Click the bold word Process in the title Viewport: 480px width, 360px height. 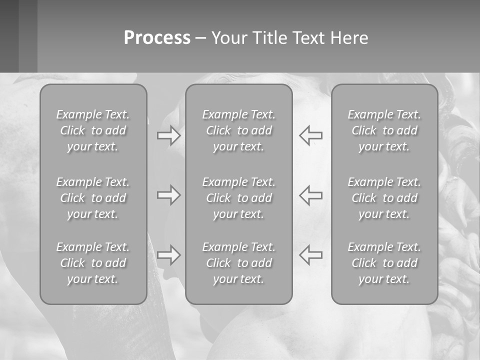tap(157, 38)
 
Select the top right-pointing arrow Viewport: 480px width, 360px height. tap(168, 135)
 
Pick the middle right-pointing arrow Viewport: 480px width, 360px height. tap(168, 195)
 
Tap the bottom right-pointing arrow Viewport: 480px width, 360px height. tap(168, 255)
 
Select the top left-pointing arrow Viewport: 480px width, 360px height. tap(310, 135)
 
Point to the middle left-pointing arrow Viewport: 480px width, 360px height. tap(310, 195)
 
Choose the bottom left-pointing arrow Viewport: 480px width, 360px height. tap(310, 255)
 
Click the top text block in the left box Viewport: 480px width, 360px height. tap(93, 130)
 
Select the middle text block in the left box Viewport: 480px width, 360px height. tap(93, 198)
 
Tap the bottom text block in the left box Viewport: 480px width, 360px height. tap(93, 263)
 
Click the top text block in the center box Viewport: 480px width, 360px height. tap(238, 130)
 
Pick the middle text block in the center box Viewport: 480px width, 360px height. tap(238, 198)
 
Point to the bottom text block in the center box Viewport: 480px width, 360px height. tap(238, 263)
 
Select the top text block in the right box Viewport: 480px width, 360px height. tap(384, 130)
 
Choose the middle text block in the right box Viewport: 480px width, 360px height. tap(384, 198)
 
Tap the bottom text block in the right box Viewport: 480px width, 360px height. tap(384, 263)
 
